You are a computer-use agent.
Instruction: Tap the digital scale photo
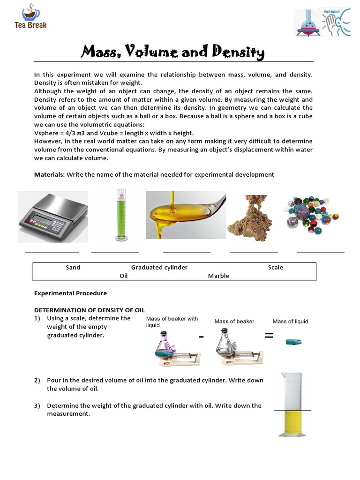pos(52,217)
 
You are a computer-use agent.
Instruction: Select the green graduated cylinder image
pos(121,215)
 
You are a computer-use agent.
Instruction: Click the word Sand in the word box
pos(73,267)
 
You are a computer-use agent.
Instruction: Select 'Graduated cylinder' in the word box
pos(159,267)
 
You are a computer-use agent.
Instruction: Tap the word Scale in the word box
pos(275,267)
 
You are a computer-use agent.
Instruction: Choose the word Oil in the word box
pos(123,276)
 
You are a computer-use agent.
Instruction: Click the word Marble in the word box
pos(218,276)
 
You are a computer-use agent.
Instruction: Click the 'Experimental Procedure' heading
pos(70,293)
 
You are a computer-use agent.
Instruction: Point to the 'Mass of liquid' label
pos(290,321)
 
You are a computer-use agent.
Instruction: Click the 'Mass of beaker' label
pos(234,321)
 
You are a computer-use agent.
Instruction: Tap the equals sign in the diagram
pos(269,335)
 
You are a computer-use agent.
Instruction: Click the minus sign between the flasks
pos(201,337)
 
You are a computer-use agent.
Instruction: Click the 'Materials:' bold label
pos(49,174)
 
